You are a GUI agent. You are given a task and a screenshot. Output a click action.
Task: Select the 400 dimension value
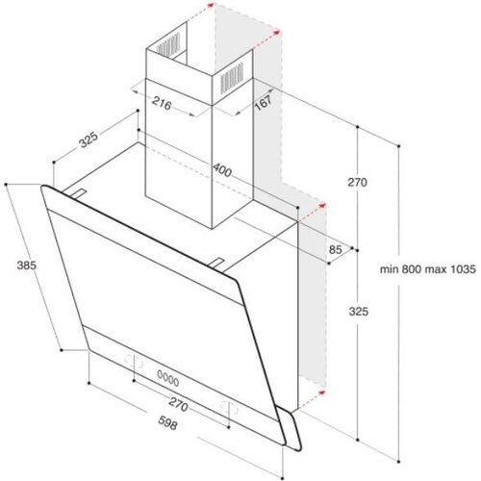[221, 170]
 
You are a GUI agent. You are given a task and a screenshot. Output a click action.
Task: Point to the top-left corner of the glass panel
[43, 188]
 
